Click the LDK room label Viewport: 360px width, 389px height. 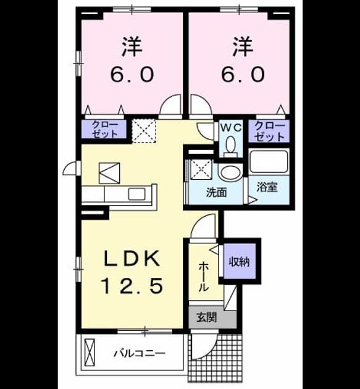[131, 259]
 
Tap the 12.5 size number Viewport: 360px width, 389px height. [132, 285]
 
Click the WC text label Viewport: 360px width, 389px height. [231, 128]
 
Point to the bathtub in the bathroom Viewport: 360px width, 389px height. [269, 161]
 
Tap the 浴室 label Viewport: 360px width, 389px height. [267, 187]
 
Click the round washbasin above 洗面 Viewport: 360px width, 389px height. [231, 172]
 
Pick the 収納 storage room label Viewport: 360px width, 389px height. [239, 261]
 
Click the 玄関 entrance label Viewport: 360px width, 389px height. [207, 317]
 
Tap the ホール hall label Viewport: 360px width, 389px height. [203, 277]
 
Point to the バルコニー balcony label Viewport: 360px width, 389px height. [139, 353]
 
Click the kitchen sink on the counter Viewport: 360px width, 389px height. [136, 194]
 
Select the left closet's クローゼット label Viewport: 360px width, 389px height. [105, 129]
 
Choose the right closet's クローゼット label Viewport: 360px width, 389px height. [269, 131]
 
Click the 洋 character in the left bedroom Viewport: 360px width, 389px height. [132, 47]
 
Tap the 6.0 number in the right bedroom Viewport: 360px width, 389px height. [243, 75]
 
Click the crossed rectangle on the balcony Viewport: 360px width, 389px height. [90, 352]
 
